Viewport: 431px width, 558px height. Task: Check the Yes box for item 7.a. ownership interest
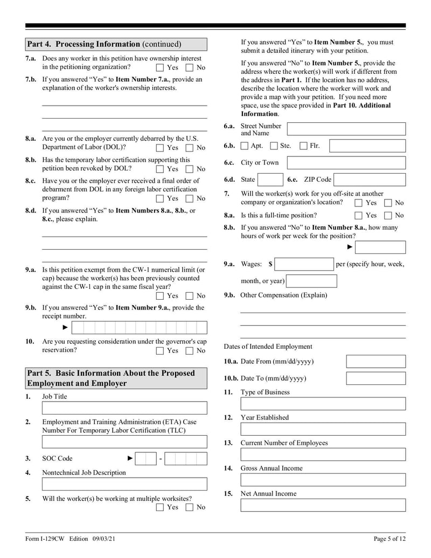click(x=160, y=68)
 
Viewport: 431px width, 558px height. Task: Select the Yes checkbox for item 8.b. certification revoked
click(x=160, y=169)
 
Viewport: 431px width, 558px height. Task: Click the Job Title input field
click(x=124, y=408)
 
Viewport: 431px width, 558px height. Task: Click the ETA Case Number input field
click(x=124, y=442)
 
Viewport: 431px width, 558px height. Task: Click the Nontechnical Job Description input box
click(x=124, y=484)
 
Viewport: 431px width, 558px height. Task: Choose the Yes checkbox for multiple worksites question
click(x=160, y=507)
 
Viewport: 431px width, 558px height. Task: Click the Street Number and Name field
click(x=346, y=129)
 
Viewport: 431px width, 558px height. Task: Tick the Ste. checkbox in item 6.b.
click(x=274, y=146)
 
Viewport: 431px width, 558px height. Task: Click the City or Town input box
click(x=346, y=163)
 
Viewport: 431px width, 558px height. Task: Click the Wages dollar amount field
click(x=304, y=264)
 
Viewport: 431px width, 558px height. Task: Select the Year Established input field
click(x=323, y=429)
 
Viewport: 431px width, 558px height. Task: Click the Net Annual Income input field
click(x=323, y=505)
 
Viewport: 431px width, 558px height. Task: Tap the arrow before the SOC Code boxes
click(x=130, y=459)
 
